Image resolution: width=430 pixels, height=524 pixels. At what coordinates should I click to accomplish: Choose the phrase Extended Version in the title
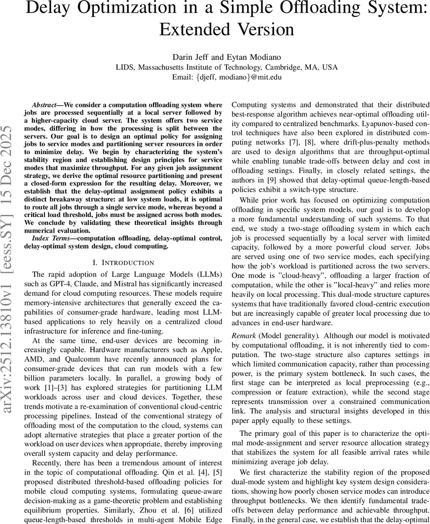pos(227,30)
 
